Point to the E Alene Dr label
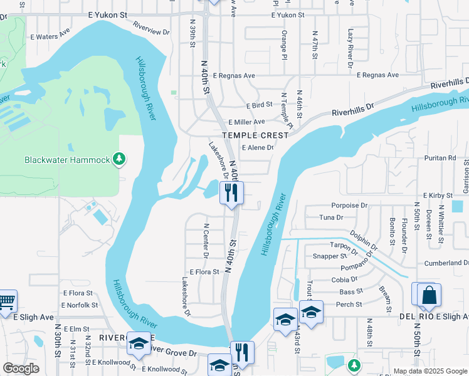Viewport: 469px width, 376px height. coord(258,148)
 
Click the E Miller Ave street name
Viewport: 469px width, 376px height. coord(246,122)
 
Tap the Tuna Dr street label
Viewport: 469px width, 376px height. coord(331,217)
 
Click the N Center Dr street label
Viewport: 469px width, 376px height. coord(206,240)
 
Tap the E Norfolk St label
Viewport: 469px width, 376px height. coord(80,305)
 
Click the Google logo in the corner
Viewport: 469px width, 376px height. coord(21,368)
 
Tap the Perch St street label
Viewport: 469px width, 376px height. coord(350,305)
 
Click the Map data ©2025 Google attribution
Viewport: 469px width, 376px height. coord(430,371)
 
